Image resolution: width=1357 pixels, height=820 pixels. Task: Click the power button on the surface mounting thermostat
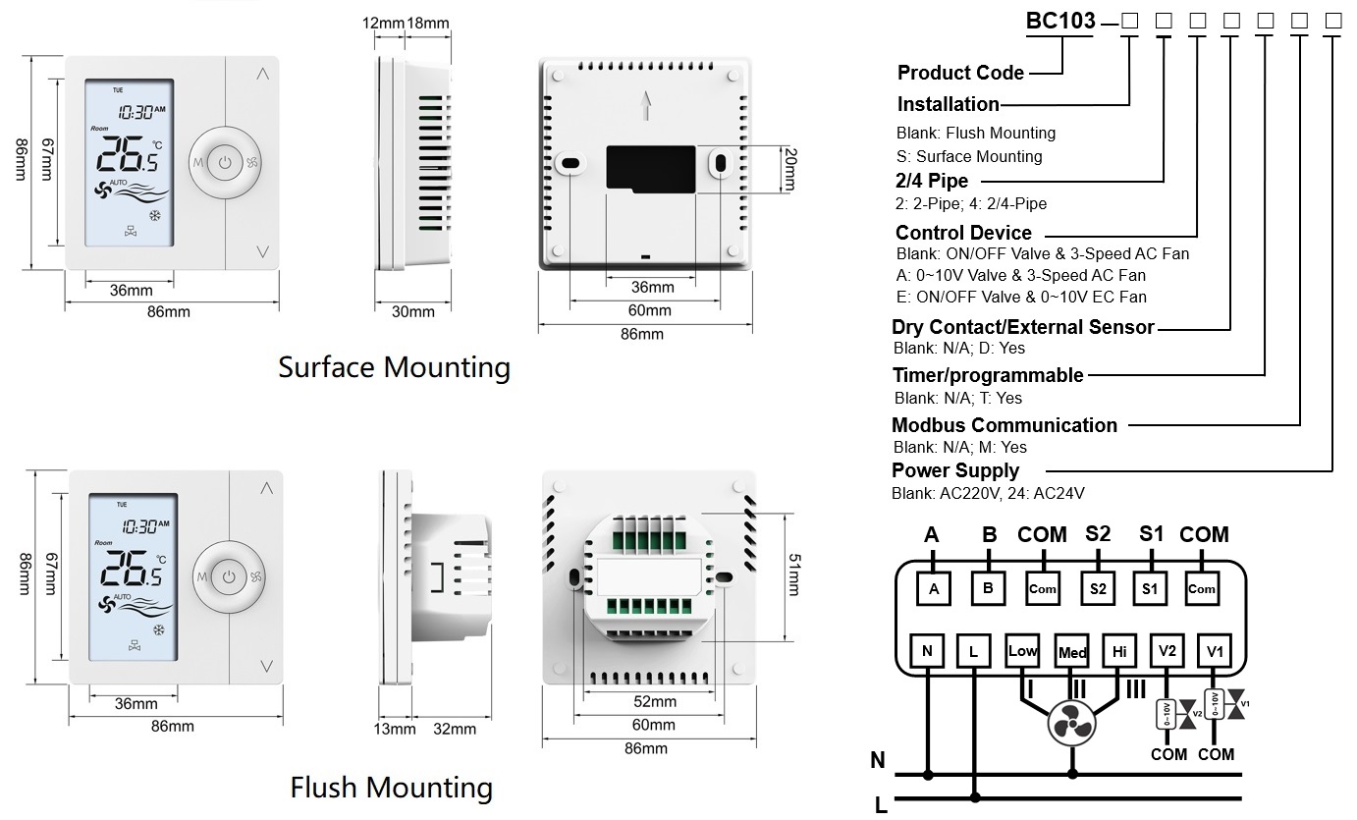tap(225, 162)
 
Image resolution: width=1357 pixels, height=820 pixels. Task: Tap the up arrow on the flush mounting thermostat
tap(267, 488)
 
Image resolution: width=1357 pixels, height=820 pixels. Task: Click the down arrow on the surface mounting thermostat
tap(262, 251)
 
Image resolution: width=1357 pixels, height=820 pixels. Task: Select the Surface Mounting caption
tap(394, 368)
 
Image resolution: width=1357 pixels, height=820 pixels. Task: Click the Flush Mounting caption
tap(391, 788)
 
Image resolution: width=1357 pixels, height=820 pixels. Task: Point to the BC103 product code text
tap(1060, 22)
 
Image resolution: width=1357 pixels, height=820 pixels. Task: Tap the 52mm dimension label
tap(654, 701)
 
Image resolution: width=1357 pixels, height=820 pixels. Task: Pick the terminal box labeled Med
tap(1071, 652)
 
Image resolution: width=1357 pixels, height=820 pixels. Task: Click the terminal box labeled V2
tap(1167, 650)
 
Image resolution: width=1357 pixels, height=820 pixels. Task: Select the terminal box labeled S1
tap(1151, 588)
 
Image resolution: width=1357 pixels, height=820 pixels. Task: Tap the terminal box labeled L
tap(973, 650)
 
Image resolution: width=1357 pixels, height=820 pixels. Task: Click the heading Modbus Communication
tap(1004, 425)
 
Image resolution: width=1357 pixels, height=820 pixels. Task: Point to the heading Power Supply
tap(954, 470)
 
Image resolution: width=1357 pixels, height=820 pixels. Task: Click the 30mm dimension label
tap(413, 312)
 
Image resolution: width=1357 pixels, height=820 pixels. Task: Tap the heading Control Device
tap(963, 233)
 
